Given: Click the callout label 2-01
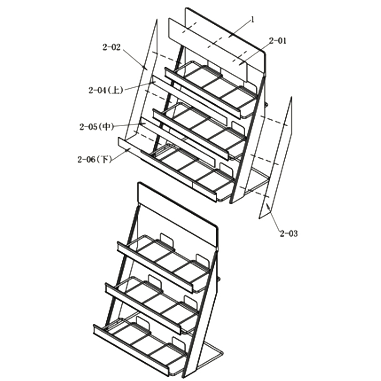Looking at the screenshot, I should pos(278,41).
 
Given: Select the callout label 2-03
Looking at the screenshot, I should pos(289,233).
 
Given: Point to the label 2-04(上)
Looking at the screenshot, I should pos(106,90).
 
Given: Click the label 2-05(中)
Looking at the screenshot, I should pos(97,127).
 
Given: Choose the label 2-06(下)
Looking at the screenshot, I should pos(94,160).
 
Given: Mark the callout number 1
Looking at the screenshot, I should pos(252,20).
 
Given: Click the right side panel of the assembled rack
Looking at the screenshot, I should pos(202,314).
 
